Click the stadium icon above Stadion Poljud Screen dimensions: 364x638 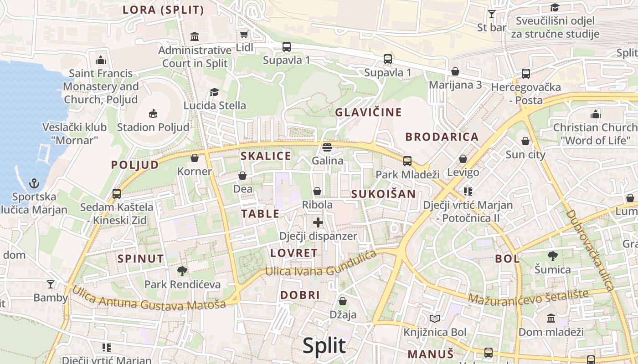pyautogui.click(x=153, y=113)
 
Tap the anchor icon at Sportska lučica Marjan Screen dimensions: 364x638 pyautogui.click(x=34, y=183)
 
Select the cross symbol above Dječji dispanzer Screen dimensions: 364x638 pyautogui.click(x=318, y=222)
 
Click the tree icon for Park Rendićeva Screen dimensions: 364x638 pyautogui.click(x=182, y=271)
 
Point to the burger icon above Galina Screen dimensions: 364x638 pyautogui.click(x=327, y=147)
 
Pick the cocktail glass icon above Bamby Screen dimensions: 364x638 pyautogui.click(x=51, y=284)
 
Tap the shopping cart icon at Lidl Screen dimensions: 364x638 pyautogui.click(x=244, y=34)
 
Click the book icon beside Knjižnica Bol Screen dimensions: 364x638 pyautogui.click(x=435, y=318)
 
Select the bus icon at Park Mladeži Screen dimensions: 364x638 pyautogui.click(x=407, y=161)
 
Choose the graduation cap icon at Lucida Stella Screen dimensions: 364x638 pyautogui.click(x=214, y=92)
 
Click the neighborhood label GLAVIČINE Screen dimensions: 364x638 pyautogui.click(x=369, y=112)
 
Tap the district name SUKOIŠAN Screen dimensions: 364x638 pyautogui.click(x=383, y=194)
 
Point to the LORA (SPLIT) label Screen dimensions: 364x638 pyautogui.click(x=163, y=10)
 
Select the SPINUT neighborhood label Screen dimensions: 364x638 pyautogui.click(x=141, y=259)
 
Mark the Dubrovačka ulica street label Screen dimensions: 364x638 pyautogui.click(x=591, y=250)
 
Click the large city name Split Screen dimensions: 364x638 pyautogui.click(x=324, y=346)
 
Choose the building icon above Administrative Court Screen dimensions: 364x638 pyautogui.click(x=195, y=36)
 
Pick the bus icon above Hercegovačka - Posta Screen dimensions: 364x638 pyautogui.click(x=525, y=73)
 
